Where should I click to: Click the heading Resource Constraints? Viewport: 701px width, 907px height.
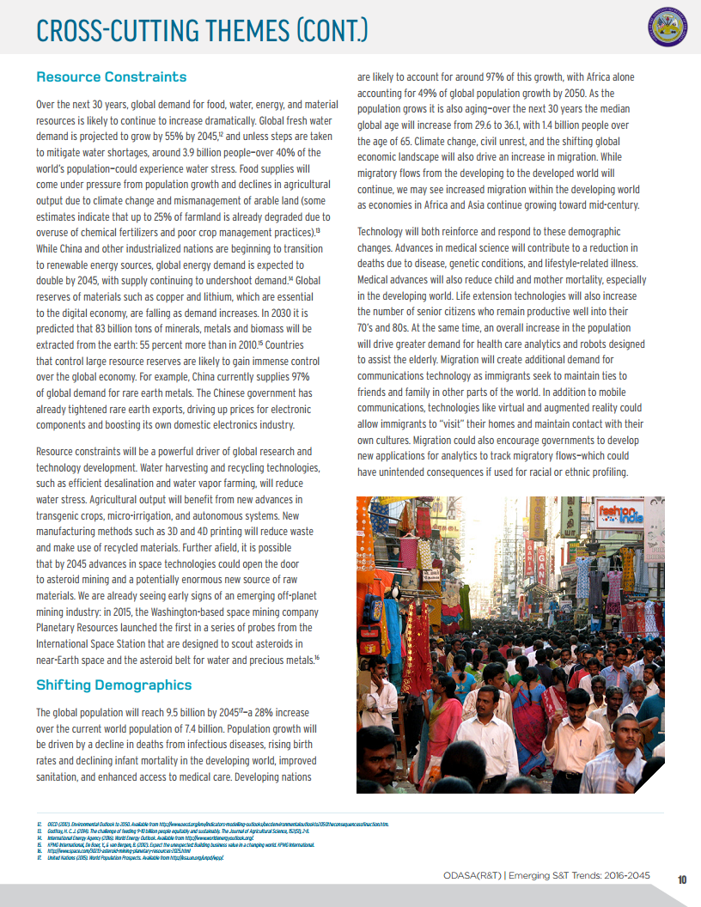(x=111, y=77)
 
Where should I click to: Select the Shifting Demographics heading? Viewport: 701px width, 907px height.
(x=113, y=685)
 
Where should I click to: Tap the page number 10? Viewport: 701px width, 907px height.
(x=682, y=879)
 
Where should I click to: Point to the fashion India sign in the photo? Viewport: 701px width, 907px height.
(x=620, y=515)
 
